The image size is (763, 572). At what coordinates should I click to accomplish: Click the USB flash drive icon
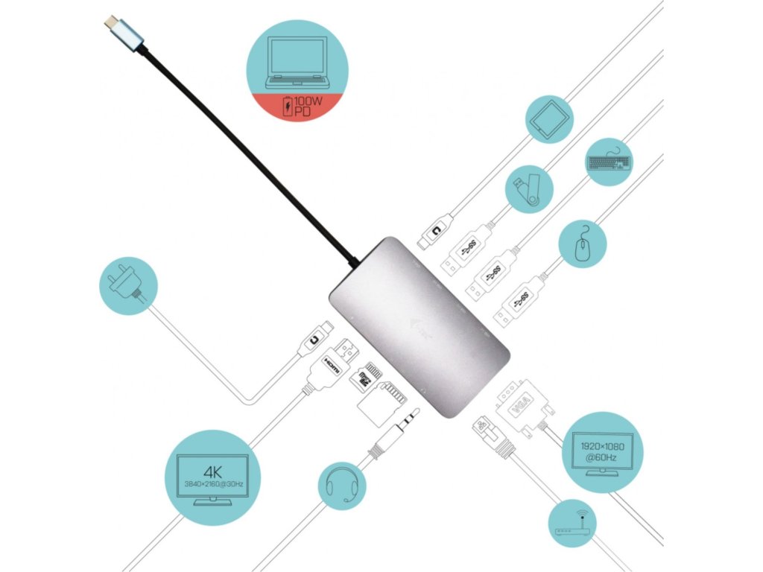528,189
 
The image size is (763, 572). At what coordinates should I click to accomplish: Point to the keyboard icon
608,161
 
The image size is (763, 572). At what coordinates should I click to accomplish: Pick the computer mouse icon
583,243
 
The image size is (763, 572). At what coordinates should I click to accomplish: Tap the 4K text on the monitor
212,470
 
